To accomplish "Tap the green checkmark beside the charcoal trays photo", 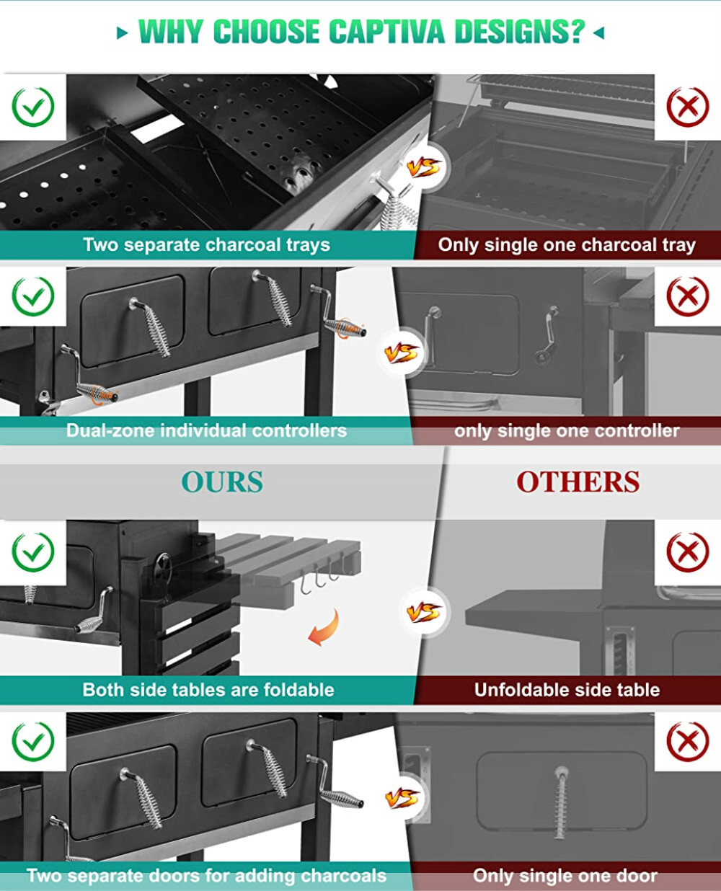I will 33,107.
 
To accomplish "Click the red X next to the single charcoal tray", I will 687,107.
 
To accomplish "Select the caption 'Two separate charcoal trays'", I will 206,245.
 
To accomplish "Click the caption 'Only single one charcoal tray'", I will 567,245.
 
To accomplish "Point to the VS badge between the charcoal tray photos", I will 423,168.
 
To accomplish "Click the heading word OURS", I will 222,482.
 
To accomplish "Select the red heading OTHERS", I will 578,482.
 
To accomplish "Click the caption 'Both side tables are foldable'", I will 208,690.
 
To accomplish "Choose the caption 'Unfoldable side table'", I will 567,690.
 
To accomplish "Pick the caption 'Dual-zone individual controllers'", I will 206,431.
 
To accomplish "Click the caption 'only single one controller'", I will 567,431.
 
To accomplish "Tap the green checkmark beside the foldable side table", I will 33,552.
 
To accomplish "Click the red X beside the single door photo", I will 687,742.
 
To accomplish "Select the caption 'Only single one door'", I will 565,876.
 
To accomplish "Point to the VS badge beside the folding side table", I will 423,613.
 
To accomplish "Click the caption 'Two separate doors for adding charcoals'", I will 206,876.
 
